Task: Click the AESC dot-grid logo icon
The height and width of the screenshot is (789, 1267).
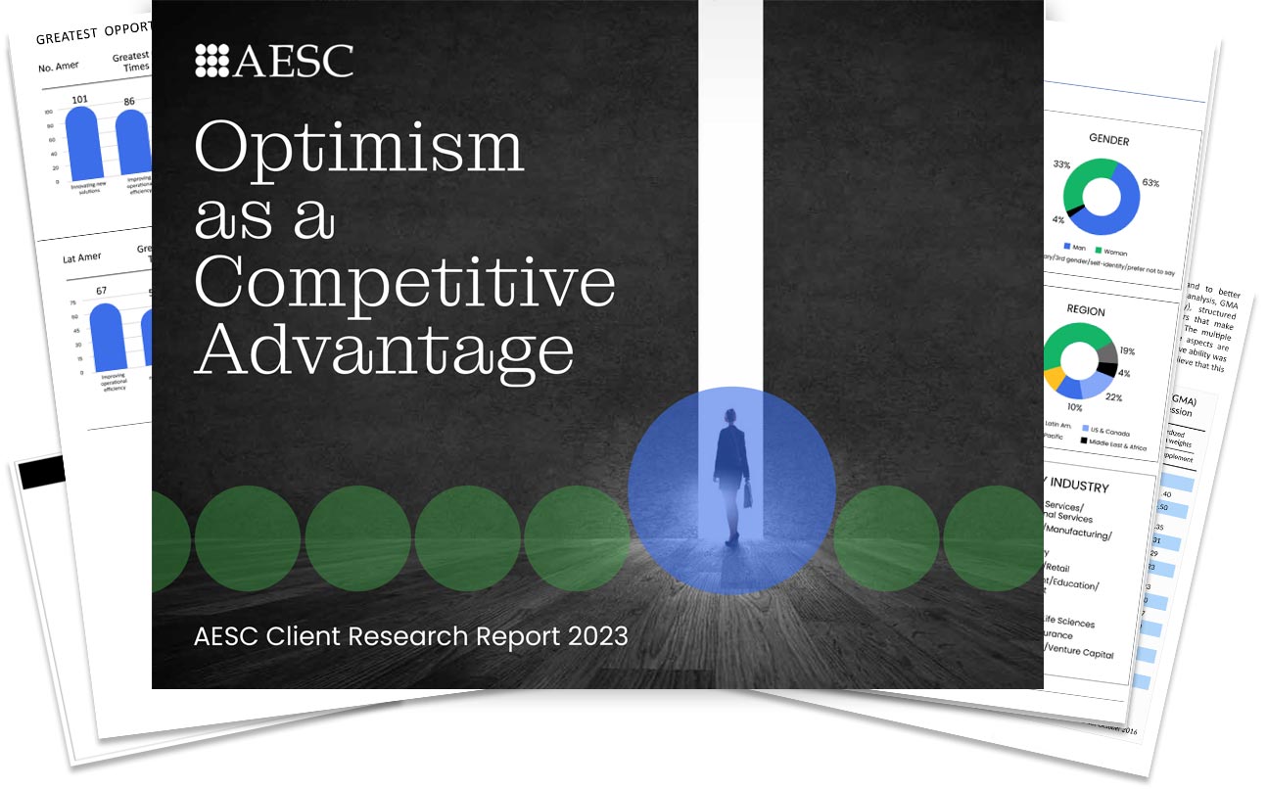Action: point(211,61)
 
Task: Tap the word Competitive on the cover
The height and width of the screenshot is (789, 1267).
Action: point(404,283)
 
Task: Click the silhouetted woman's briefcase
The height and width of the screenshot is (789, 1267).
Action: point(749,495)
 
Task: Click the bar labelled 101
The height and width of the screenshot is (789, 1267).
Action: point(81,141)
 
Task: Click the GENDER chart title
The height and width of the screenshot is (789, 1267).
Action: point(1108,141)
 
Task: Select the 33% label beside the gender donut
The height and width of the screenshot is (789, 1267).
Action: point(1060,165)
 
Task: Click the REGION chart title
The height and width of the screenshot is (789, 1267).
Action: point(1085,311)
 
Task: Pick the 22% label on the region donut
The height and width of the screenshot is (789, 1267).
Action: point(1113,397)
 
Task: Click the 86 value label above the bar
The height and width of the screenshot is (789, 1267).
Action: point(129,101)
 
